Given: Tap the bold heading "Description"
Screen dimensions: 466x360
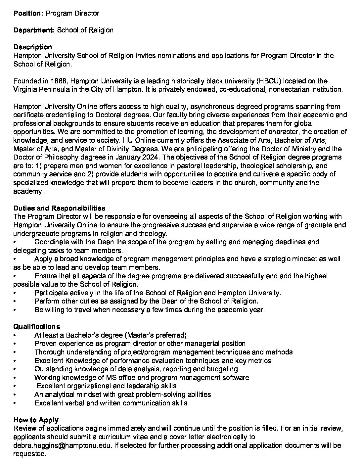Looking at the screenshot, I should tap(32, 47).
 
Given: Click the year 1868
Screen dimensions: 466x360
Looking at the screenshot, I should tap(60, 81).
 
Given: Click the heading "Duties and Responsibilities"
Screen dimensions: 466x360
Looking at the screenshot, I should tap(59, 208).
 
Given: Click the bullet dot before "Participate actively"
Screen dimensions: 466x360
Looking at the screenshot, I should tap(15, 293).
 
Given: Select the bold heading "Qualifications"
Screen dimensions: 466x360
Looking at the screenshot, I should tap(37, 327).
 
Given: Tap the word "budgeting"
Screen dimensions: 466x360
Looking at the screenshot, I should tap(222, 369).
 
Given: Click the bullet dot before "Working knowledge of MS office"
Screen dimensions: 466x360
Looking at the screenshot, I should tap(15, 378).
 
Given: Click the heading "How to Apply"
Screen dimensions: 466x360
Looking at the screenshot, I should tap(36, 420).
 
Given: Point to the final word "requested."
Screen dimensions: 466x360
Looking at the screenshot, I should tap(29, 454).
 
